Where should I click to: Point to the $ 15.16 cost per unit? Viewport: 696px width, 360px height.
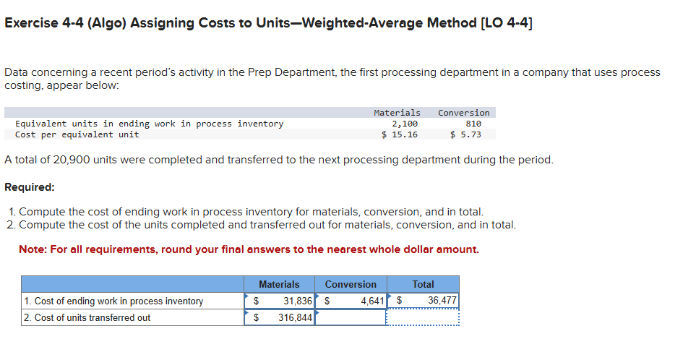tap(400, 134)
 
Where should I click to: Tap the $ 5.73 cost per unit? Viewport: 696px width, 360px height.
tap(465, 134)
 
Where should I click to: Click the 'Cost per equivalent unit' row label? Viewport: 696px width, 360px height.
tap(77, 134)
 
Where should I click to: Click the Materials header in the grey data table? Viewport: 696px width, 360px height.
tap(397, 113)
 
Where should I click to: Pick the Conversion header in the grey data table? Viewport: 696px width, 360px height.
tap(463, 113)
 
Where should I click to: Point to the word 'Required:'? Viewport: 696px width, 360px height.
tap(30, 187)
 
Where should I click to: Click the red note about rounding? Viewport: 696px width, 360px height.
tap(249, 249)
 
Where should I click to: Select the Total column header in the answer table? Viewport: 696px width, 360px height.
tap(423, 284)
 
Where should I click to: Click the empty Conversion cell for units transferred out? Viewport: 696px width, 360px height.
tap(351, 317)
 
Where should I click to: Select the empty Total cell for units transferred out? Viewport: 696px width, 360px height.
tap(423, 317)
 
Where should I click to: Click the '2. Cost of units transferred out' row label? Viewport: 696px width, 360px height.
tap(87, 317)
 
